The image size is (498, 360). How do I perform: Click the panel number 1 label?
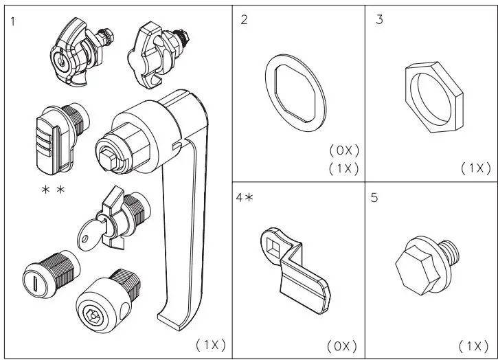coord(14,20)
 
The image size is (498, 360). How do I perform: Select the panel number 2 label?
coord(245,20)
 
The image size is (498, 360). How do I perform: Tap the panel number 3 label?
coord(379,20)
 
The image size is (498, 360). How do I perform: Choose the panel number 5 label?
coord(374,199)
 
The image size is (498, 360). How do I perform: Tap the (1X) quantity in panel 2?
coord(343,168)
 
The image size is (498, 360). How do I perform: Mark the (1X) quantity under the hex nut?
coord(475,168)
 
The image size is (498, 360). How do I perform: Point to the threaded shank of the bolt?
coord(448,249)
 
